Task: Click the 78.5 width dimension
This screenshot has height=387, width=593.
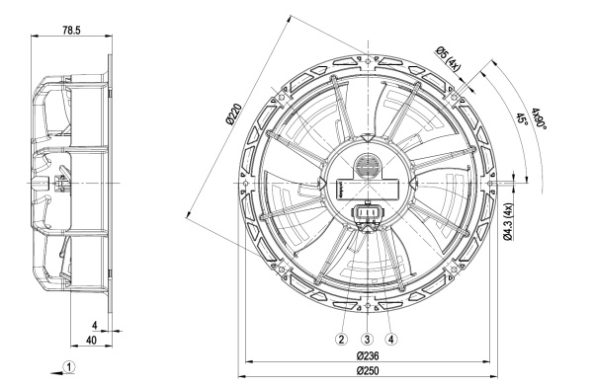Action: [x=71, y=31]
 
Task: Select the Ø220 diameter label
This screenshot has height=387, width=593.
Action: [x=233, y=115]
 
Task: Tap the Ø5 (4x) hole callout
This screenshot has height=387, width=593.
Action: [x=448, y=58]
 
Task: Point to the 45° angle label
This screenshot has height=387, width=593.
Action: [x=522, y=119]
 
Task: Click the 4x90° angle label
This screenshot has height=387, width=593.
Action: [x=539, y=118]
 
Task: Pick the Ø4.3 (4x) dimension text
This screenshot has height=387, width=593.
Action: [x=508, y=221]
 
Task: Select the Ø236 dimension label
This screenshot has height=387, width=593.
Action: [x=368, y=355]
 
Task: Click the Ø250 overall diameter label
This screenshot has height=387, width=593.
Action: [x=368, y=371]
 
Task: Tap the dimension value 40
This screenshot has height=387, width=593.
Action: [x=91, y=341]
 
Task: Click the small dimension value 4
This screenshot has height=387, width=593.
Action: [x=95, y=325]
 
